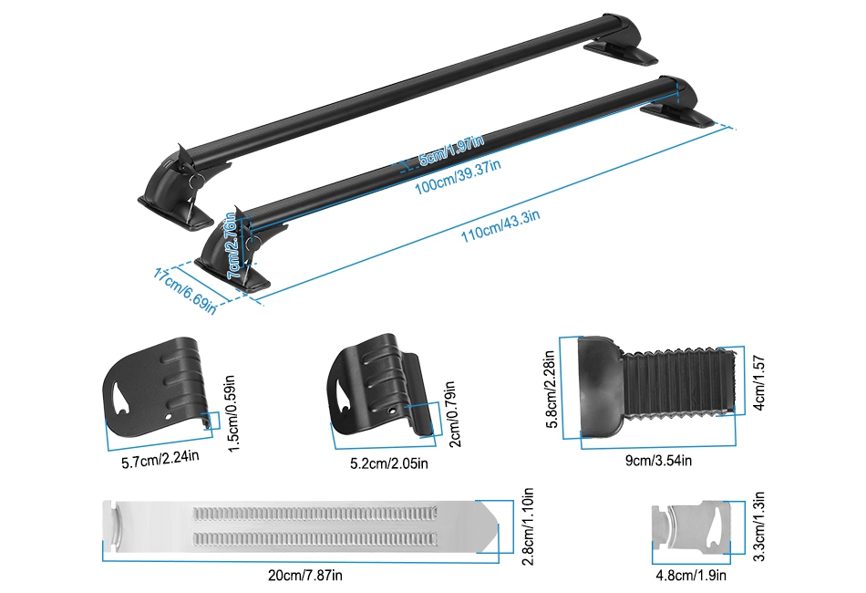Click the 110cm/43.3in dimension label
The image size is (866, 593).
pyautogui.click(x=500, y=225)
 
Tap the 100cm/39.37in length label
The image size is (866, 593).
pyautogui.click(x=458, y=177)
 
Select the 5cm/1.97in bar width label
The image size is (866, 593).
pyautogui.click(x=451, y=150)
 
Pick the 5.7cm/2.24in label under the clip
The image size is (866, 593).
pyautogui.click(x=160, y=458)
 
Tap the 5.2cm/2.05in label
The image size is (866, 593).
pyautogui.click(x=389, y=463)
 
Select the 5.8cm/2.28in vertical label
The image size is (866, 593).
pyautogui.click(x=551, y=389)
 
